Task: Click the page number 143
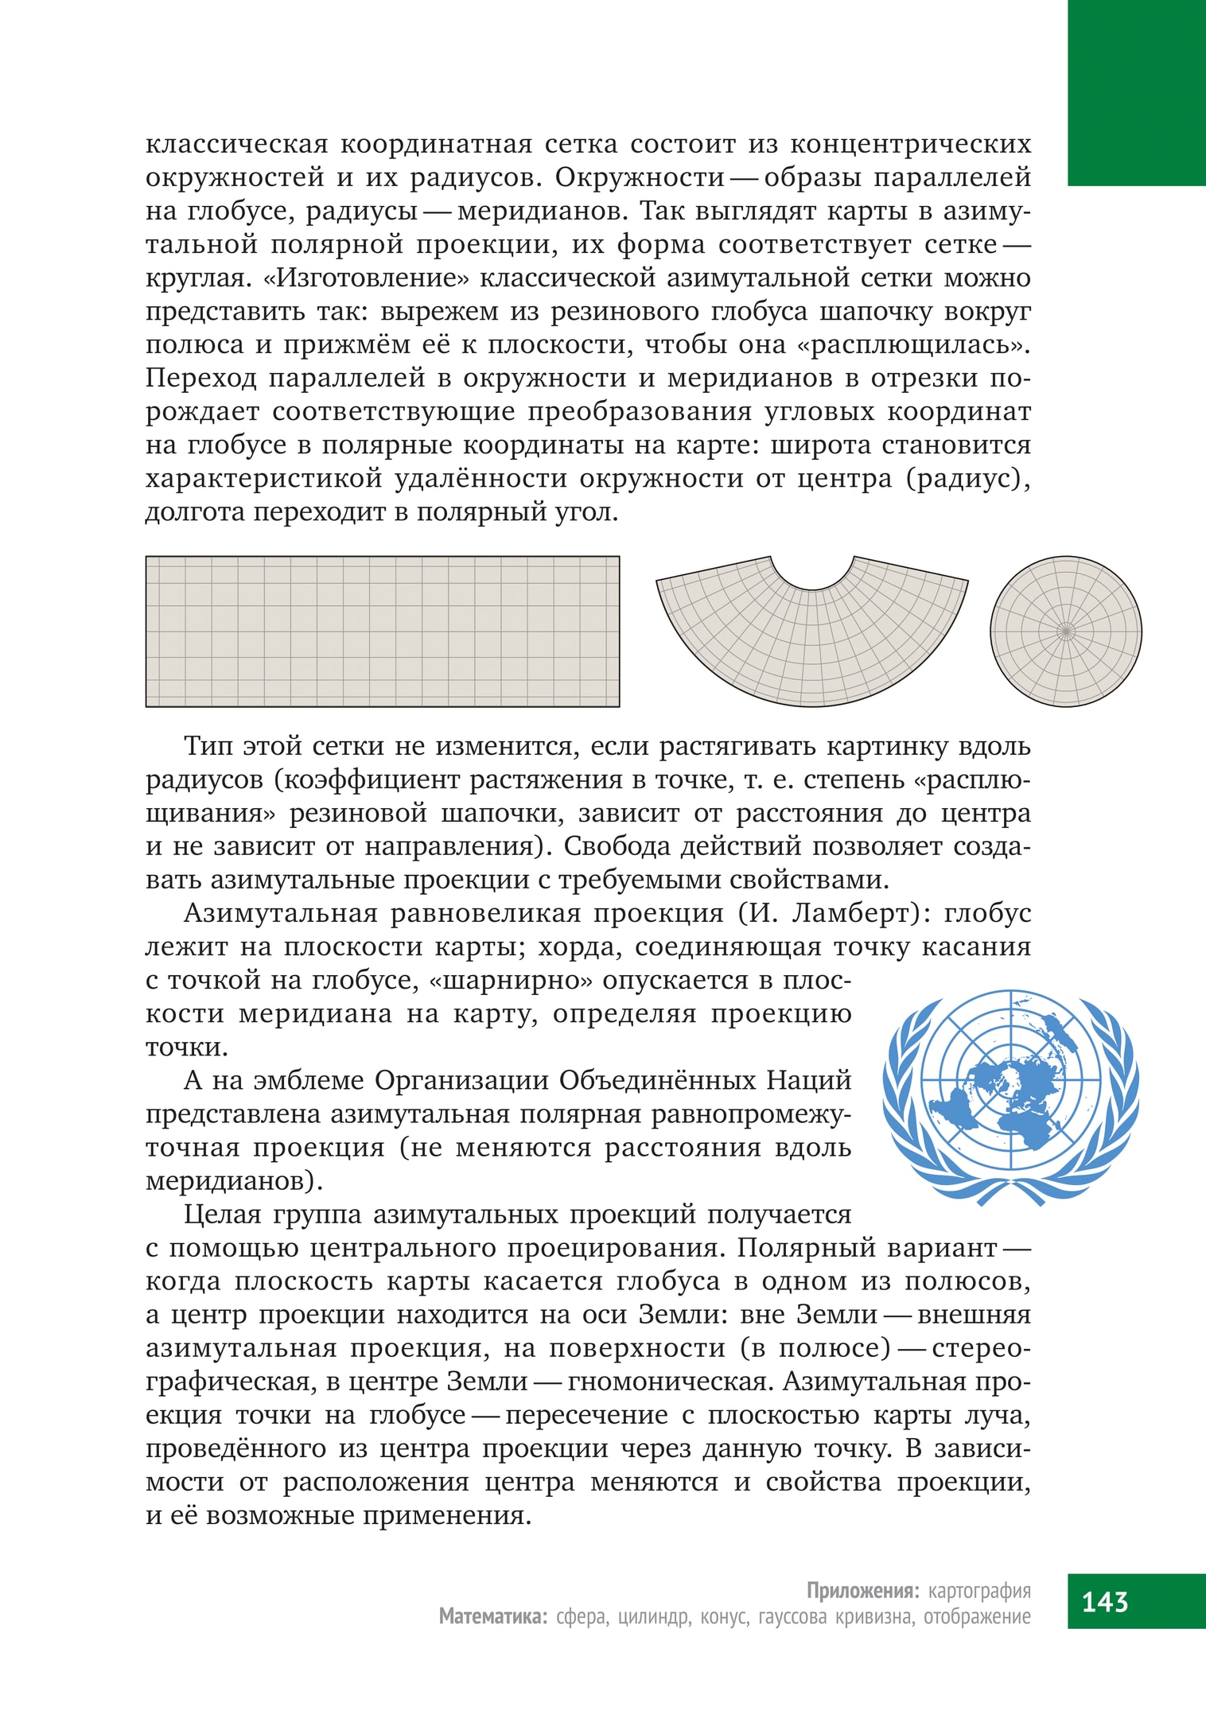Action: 1104,1600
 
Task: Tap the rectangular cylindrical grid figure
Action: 382,631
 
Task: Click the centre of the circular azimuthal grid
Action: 1066,632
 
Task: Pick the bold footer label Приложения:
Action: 862,1590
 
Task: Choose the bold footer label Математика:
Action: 493,1616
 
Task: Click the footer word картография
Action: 979,1590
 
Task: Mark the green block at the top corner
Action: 1136,92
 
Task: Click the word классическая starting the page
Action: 236,144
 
